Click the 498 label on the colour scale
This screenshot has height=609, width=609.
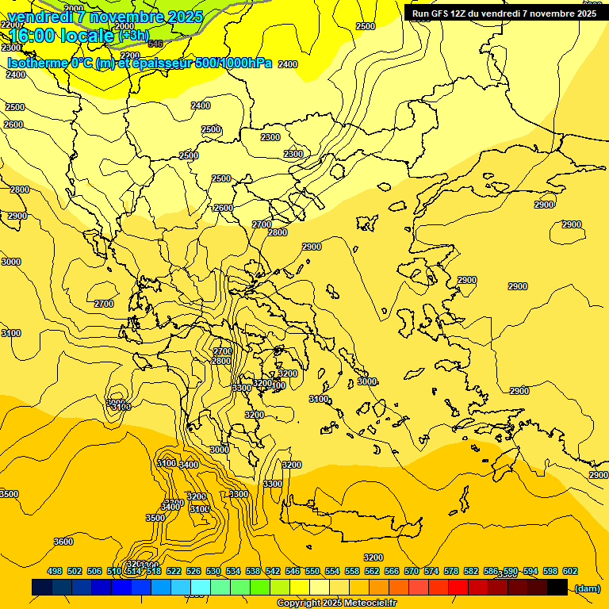pyautogui.click(x=55, y=571)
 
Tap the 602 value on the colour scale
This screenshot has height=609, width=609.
pyautogui.click(x=569, y=571)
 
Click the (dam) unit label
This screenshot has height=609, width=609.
pyautogui.click(x=587, y=588)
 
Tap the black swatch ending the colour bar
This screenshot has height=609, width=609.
pyautogui.click(x=557, y=588)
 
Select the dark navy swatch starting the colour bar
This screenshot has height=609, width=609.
pyautogui.click(x=42, y=588)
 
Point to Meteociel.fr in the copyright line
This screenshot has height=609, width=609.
pyautogui.click(x=370, y=603)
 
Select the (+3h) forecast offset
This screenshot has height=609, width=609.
pyautogui.click(x=132, y=36)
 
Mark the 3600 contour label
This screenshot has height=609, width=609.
pyautogui.click(x=63, y=542)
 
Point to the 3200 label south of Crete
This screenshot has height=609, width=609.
pyautogui.click(x=373, y=557)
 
